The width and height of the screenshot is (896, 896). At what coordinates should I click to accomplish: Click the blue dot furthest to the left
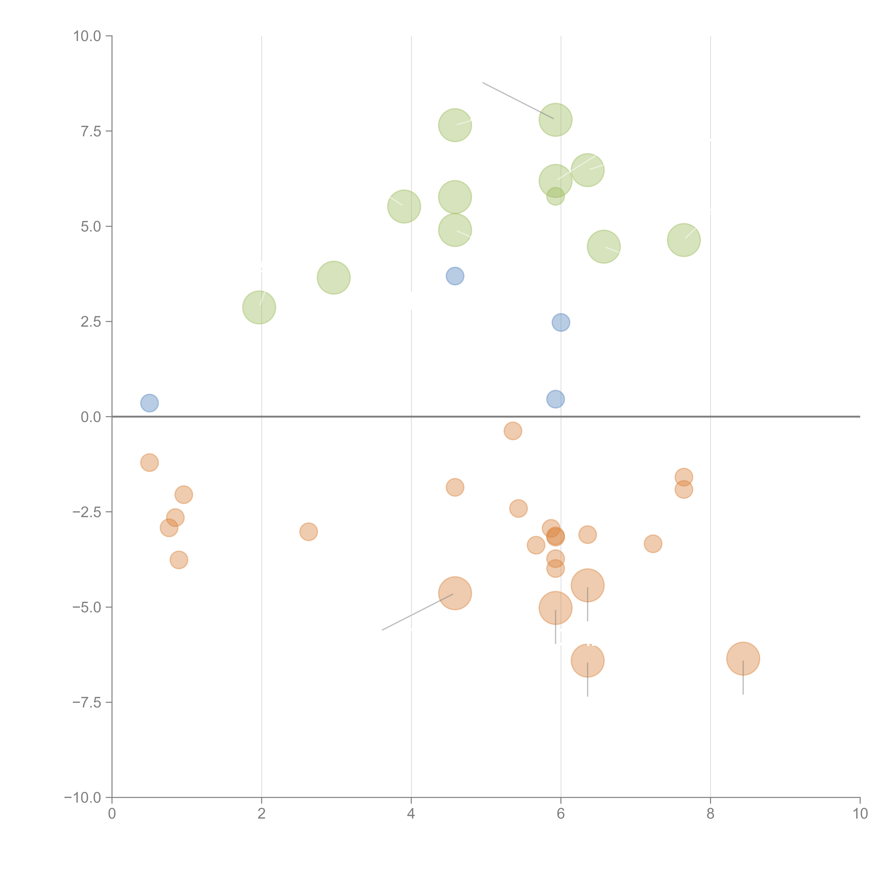pyautogui.click(x=149, y=403)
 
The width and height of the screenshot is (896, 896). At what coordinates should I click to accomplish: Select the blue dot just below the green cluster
pyautogui.click(x=455, y=276)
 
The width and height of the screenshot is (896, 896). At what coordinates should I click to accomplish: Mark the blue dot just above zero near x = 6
pyautogui.click(x=555, y=399)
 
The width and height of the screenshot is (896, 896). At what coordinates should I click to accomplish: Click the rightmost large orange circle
pyautogui.click(x=743, y=659)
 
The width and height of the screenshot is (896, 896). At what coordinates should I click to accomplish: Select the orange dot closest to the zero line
pyautogui.click(x=513, y=431)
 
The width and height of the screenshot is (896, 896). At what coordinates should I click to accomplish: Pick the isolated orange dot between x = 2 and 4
pyautogui.click(x=308, y=532)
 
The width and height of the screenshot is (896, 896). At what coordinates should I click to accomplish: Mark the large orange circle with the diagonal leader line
pyautogui.click(x=455, y=593)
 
